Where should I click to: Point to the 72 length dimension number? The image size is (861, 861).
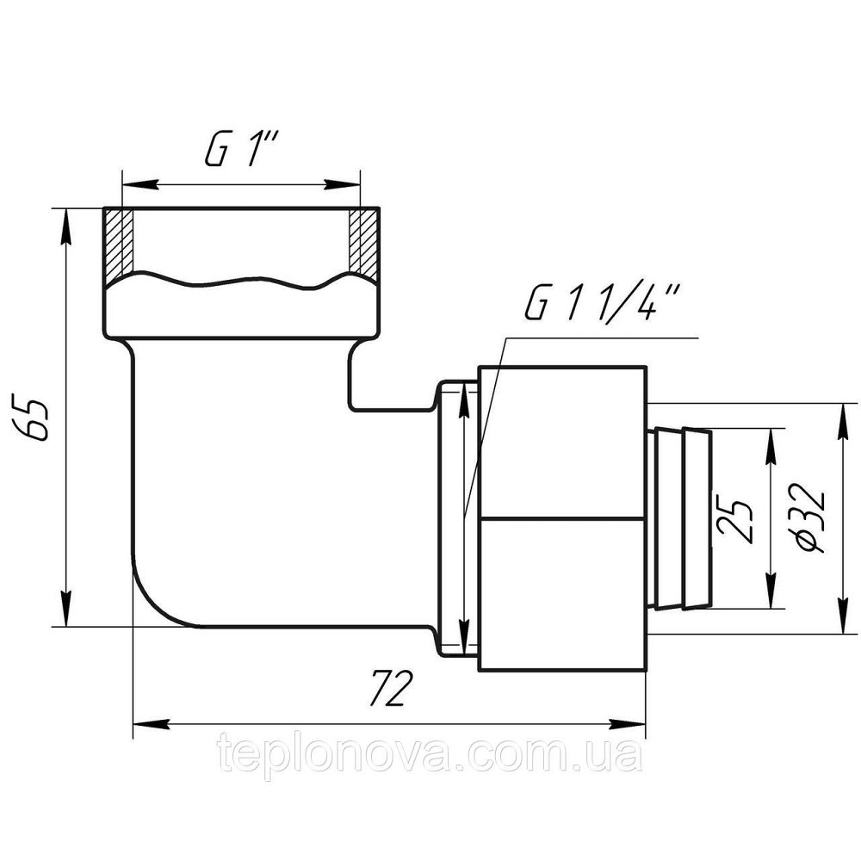(389, 687)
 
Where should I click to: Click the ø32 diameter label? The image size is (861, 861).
(812, 517)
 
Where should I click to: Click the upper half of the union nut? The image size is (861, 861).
(562, 442)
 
